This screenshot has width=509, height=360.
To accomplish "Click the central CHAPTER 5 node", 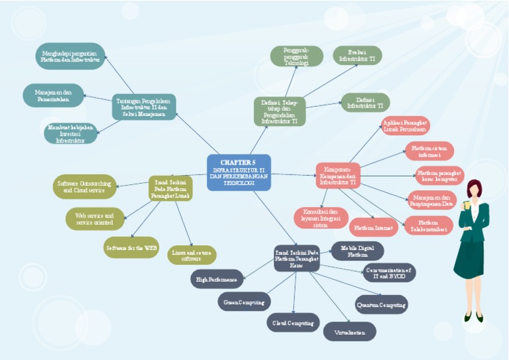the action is point(239,172).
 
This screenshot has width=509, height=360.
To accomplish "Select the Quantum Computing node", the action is point(381,304).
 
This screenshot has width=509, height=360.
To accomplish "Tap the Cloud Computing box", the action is point(293,323).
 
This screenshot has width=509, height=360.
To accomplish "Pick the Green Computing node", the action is point(244,302).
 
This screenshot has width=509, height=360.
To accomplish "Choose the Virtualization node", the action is point(349,331).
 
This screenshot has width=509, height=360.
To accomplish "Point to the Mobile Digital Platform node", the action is point(357,251).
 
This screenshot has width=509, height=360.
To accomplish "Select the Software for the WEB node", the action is point(132,247).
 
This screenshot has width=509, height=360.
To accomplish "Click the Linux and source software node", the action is point(191,255).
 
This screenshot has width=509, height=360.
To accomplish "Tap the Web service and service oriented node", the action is point(95,219).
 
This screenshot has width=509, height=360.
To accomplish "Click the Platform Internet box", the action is point(374,227).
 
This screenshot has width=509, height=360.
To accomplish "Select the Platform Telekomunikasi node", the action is point(428,225).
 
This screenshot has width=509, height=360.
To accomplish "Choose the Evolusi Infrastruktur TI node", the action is point(357,56).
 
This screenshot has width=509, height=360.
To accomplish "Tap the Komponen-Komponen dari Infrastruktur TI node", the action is point(338,174).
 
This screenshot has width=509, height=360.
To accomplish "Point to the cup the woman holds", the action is point(468,205).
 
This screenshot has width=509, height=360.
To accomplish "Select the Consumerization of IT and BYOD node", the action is point(389,272).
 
